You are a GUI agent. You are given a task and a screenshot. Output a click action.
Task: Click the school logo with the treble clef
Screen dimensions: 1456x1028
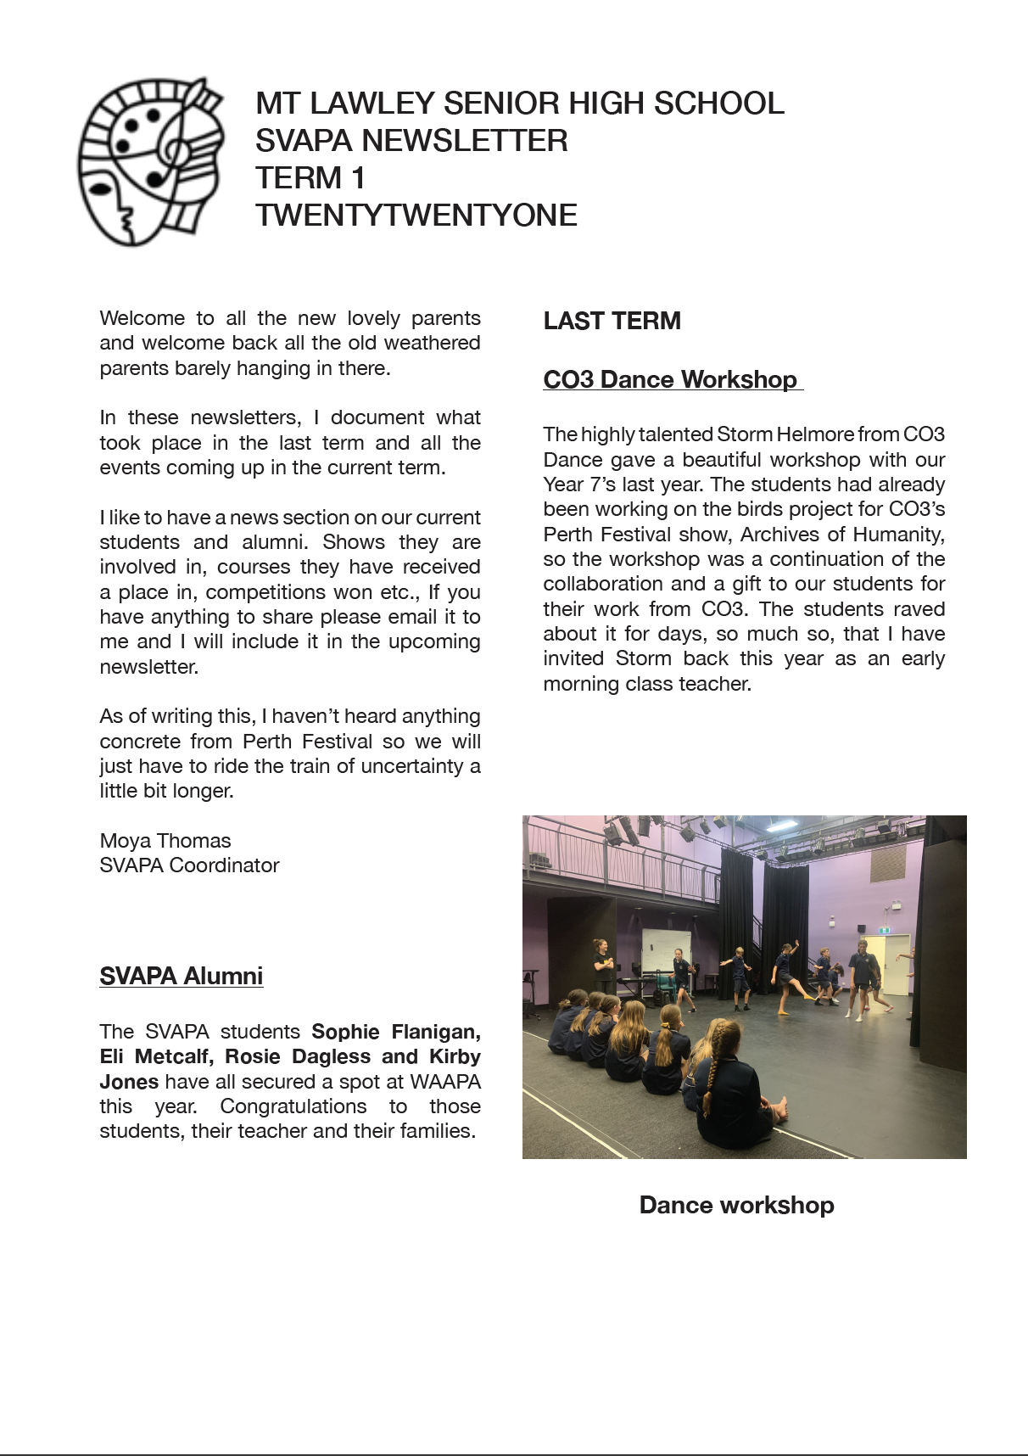[x=151, y=161]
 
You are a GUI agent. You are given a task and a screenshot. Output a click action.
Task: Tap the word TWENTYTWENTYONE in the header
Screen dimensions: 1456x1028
[x=416, y=216]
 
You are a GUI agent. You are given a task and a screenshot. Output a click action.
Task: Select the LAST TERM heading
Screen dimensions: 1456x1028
[x=612, y=321]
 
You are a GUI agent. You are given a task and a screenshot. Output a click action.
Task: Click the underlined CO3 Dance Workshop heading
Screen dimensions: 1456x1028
[x=671, y=379]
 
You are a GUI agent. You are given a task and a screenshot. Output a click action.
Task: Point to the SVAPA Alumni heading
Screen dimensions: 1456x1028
[x=181, y=976]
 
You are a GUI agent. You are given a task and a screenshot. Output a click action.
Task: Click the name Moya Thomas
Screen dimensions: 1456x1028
[x=165, y=841]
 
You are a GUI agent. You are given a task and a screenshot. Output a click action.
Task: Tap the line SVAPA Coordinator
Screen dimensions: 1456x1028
[x=189, y=865]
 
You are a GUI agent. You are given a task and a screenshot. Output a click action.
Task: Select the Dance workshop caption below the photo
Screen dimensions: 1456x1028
[x=736, y=1205]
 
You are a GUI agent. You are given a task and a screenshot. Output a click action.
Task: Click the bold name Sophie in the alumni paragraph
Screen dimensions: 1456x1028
[x=345, y=1032]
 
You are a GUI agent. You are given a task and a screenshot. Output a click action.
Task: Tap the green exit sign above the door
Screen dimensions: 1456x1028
[x=885, y=930]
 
